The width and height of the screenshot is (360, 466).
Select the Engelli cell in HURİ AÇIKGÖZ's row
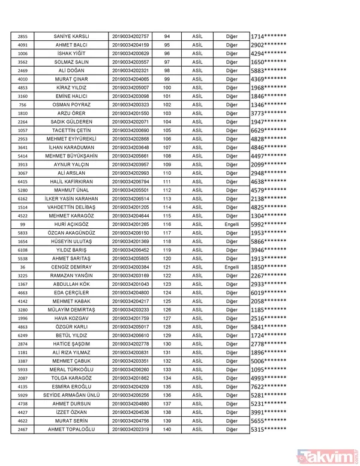pyautogui.click(x=232, y=224)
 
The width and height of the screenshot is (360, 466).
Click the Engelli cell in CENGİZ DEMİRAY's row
pyautogui.click(x=232, y=267)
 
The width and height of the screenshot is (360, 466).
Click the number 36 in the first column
pyautogui.click(x=23, y=267)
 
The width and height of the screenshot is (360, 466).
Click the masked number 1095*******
pyautogui.click(x=268, y=369)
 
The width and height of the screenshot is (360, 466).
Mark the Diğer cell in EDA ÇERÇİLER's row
pyautogui.click(x=232, y=292)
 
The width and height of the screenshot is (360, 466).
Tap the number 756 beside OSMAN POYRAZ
pyautogui.click(x=23, y=105)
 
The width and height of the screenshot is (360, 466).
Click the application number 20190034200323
pyautogui.click(x=131, y=105)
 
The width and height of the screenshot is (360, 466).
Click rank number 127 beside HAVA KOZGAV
pyautogui.click(x=167, y=318)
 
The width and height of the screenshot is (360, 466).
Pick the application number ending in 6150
pyautogui.click(x=131, y=232)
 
